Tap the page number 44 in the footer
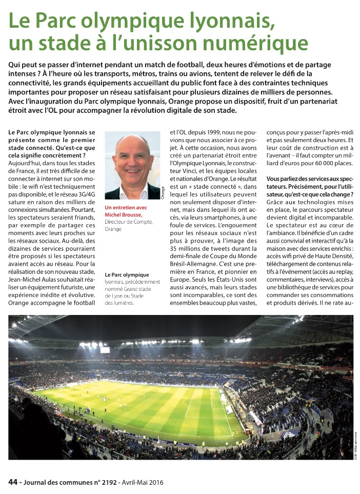pos(13,482)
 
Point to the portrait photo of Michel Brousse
pos(132,165)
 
